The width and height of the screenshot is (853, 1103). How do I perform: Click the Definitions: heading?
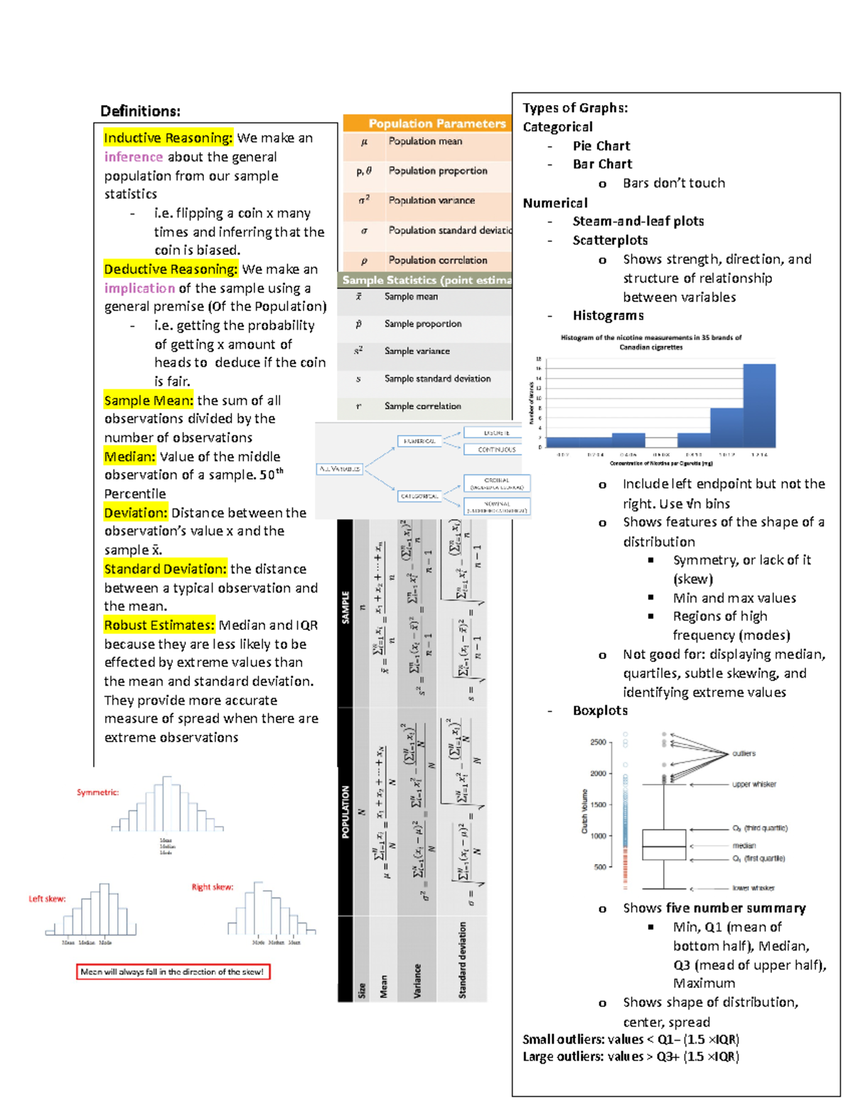pos(140,111)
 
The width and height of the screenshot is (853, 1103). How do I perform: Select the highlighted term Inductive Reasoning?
pos(168,138)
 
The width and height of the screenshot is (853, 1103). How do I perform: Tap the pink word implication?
pos(139,288)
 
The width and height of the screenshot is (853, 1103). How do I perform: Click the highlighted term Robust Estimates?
pos(159,625)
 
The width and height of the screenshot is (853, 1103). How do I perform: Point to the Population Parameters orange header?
pos(436,124)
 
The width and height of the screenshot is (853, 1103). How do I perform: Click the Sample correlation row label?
pos(422,406)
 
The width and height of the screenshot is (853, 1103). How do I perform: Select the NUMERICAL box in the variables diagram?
pos(419,441)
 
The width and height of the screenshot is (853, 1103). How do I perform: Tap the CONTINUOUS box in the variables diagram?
pos(496,450)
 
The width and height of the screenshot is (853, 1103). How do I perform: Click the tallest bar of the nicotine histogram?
pos(758,406)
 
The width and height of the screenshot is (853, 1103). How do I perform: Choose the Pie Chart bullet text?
pos(601,146)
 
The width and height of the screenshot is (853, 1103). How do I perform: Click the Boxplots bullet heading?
pos(600,710)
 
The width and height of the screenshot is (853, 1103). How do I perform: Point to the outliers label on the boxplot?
pos(744,754)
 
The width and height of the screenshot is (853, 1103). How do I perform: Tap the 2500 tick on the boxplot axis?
pos(598,742)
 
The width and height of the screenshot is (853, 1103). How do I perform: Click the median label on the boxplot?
pos(744,846)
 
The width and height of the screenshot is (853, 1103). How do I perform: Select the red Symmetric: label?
pos(97,793)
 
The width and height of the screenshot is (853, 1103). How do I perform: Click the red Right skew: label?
pos(212,887)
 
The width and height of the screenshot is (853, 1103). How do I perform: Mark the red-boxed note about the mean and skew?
pos(173,972)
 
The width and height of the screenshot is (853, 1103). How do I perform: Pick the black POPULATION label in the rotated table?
pos(345,811)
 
